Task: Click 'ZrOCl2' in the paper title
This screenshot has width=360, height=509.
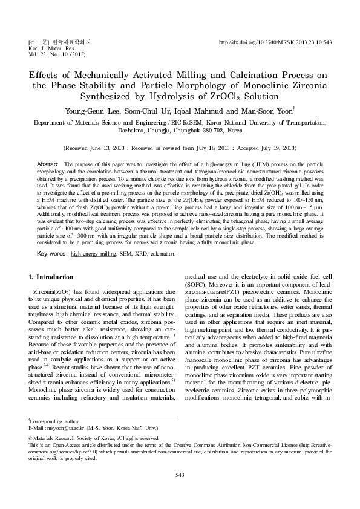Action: (x=234, y=97)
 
